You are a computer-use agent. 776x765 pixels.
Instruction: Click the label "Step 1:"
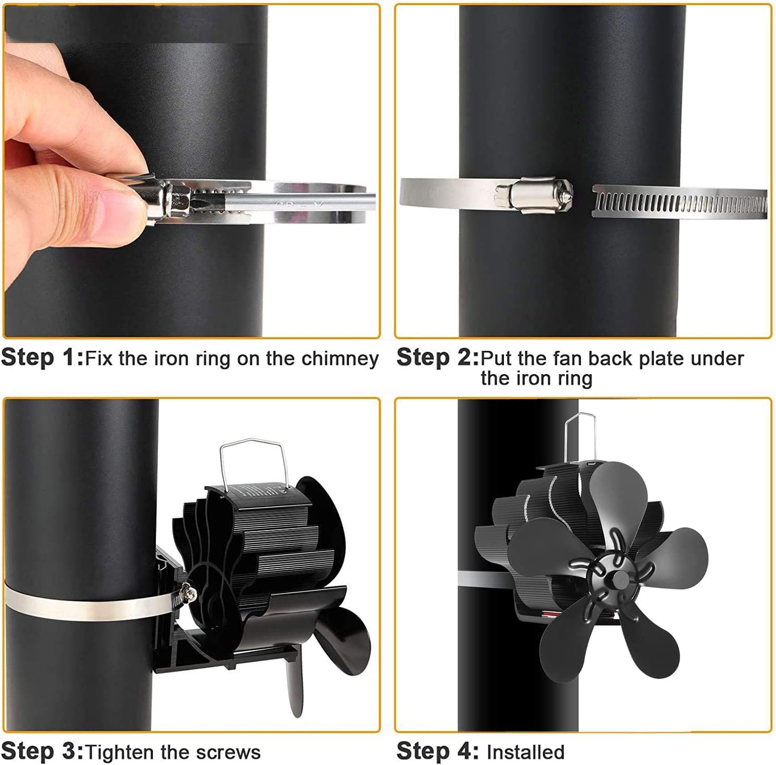[42, 358]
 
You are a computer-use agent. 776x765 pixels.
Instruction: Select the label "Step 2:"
[437, 358]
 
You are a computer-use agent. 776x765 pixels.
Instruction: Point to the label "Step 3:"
[42, 751]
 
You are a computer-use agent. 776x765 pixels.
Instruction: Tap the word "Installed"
[525, 752]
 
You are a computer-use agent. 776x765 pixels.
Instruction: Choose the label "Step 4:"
[437, 751]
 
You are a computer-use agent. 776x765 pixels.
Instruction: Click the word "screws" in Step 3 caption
[229, 753]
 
